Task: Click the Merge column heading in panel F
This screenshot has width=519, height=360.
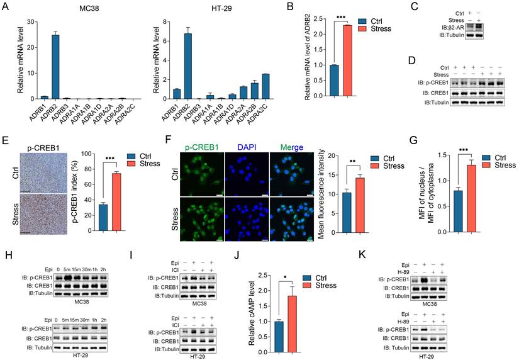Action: (288, 148)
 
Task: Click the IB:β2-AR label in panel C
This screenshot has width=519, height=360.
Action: (453, 27)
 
